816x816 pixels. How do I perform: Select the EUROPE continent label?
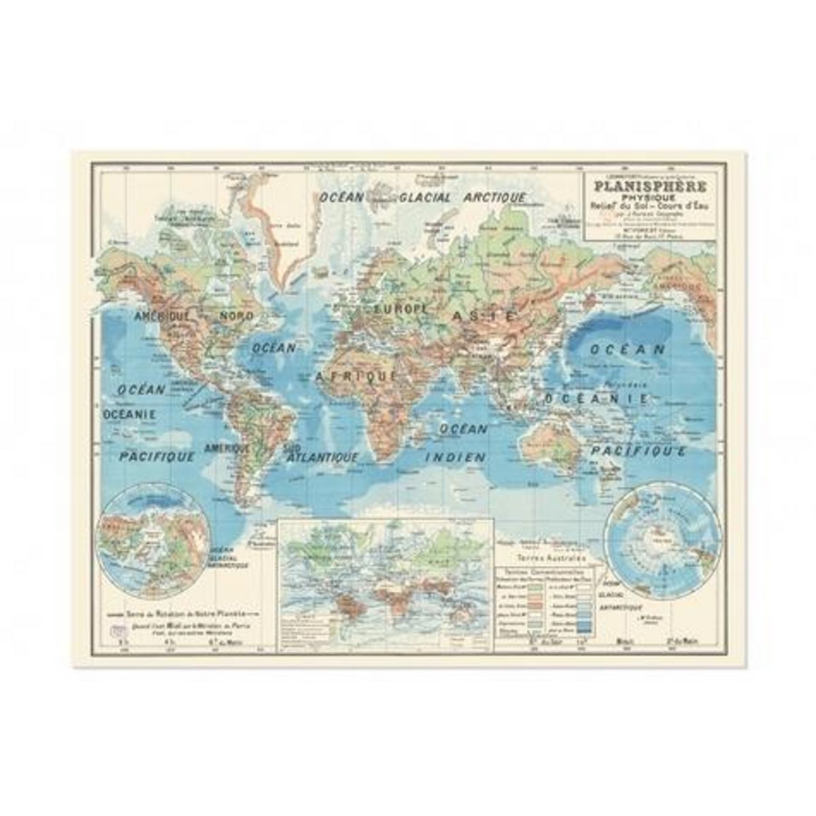[x=401, y=309]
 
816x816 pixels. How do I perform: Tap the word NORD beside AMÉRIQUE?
[x=236, y=316]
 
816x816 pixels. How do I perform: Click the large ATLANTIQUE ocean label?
[x=323, y=458]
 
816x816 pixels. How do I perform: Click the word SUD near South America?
[x=292, y=447]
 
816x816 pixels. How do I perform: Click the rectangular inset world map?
[x=386, y=584]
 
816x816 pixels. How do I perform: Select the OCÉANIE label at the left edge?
[x=130, y=414]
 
